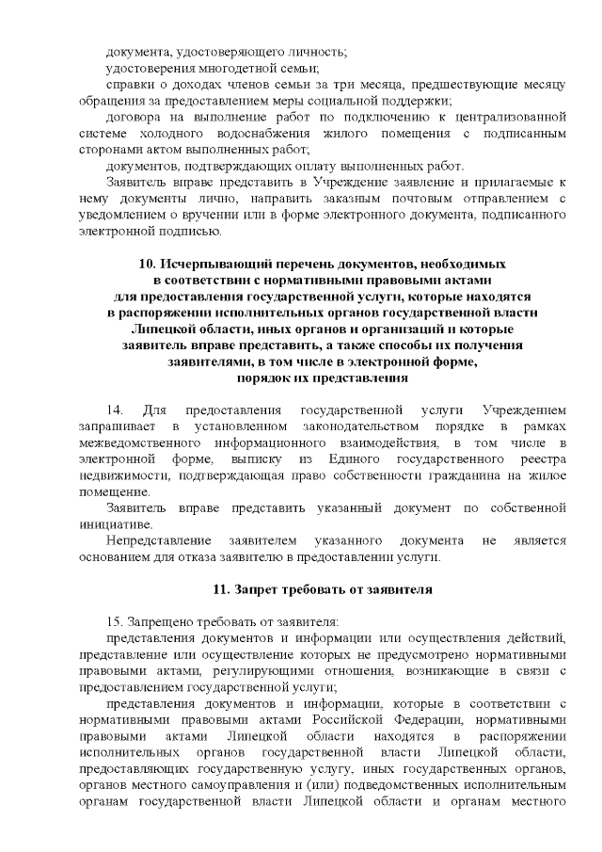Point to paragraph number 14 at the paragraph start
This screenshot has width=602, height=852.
(x=117, y=410)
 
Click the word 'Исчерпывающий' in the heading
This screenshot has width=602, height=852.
(x=209, y=265)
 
